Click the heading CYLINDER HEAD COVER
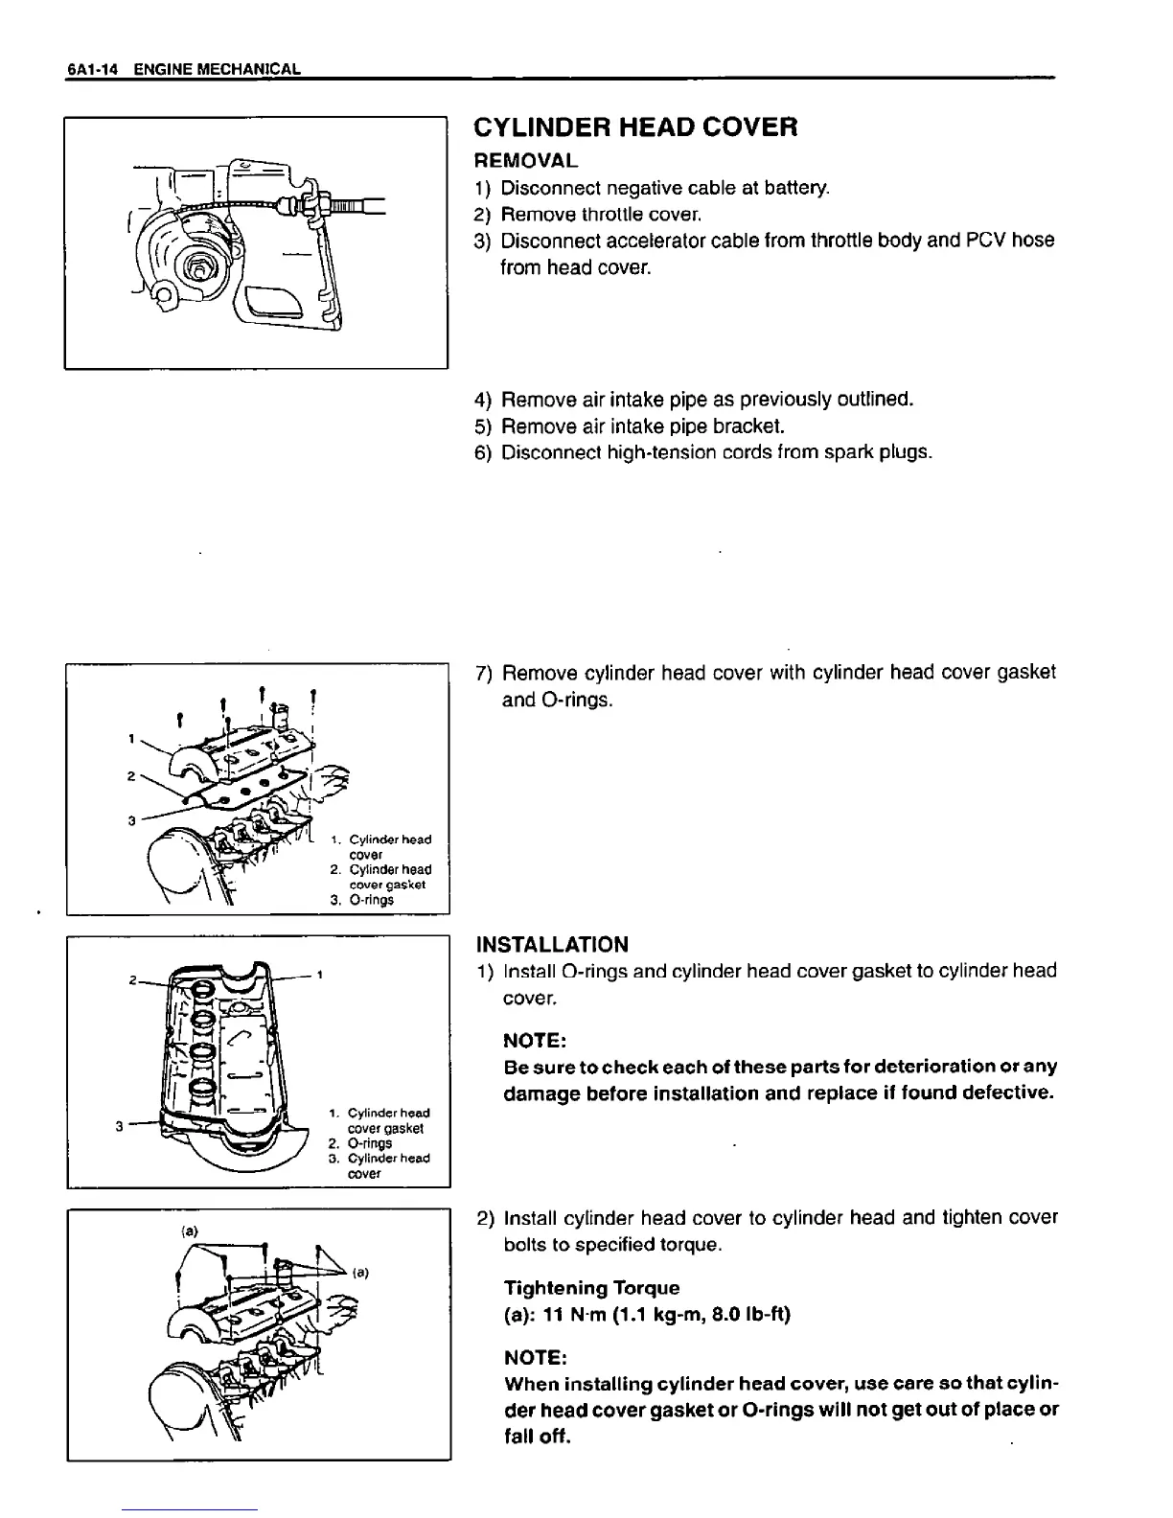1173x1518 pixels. pyautogui.click(x=636, y=126)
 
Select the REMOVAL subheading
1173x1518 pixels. pyautogui.click(x=526, y=159)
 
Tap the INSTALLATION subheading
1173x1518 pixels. pyautogui.click(x=552, y=944)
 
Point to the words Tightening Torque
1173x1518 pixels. pyautogui.click(x=591, y=1287)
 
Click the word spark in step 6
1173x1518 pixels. pyautogui.click(x=848, y=451)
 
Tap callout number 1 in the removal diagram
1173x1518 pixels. pyautogui.click(x=130, y=738)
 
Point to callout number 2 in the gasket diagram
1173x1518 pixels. pyautogui.click(x=131, y=980)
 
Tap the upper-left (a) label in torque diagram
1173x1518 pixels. pyautogui.click(x=190, y=1230)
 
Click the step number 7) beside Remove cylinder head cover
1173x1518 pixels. pyautogui.click(x=484, y=673)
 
